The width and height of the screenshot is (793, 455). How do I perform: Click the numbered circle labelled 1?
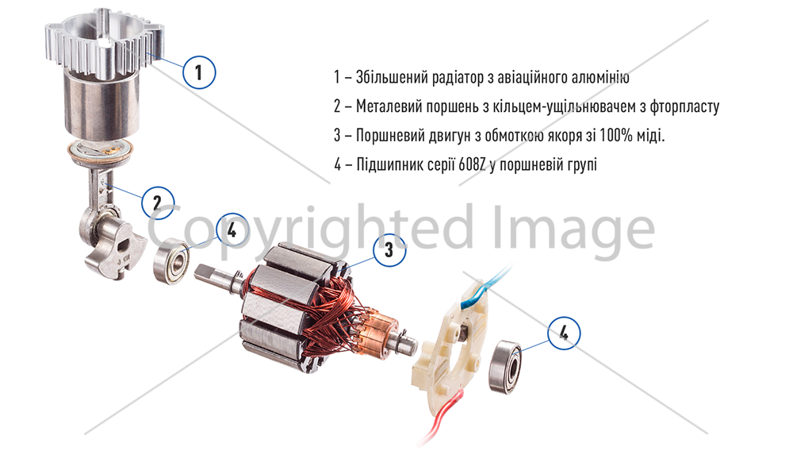pos(199,72)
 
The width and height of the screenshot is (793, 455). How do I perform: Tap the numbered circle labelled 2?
pos(157,203)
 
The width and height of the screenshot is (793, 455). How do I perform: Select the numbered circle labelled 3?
pos(389,249)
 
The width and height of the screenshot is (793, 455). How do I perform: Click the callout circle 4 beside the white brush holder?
pos(564,333)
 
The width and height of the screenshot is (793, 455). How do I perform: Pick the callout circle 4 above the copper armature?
pos(232,229)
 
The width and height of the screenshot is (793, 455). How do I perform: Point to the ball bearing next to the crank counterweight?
pos(171,261)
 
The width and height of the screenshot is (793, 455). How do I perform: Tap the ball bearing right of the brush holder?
pos(504,365)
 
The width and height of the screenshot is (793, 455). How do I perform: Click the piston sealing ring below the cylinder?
pos(100,152)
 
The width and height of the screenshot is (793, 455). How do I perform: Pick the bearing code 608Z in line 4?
pos(473,164)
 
